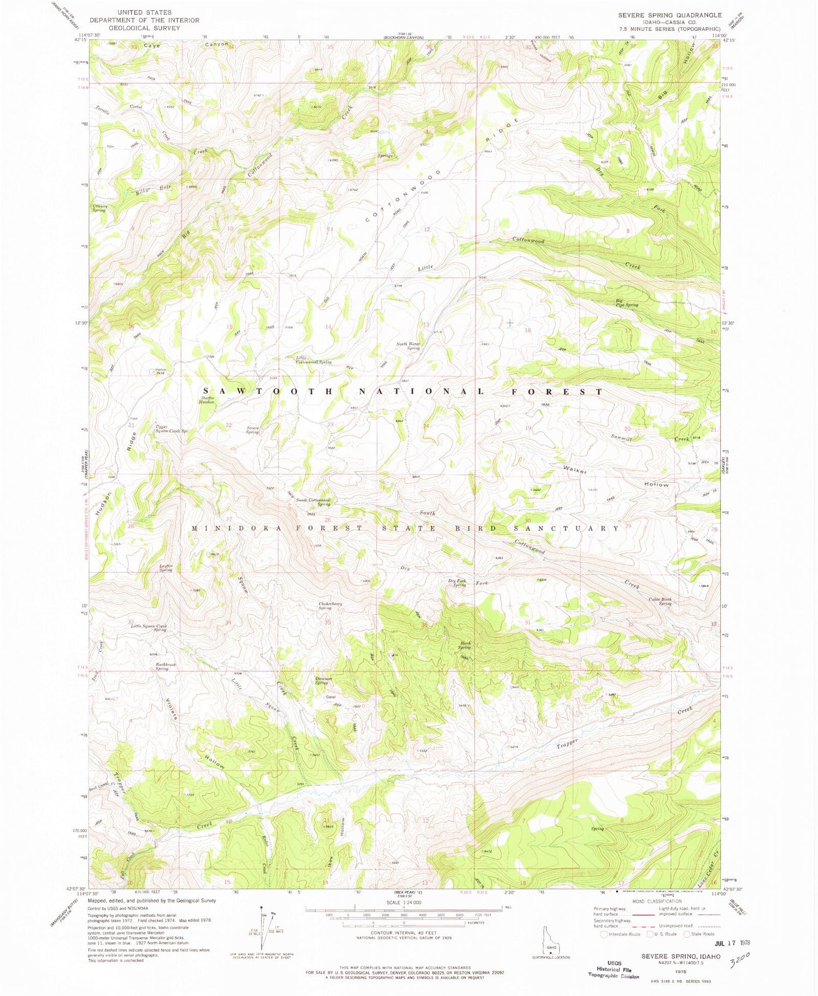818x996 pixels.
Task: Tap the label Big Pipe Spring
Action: click(627, 303)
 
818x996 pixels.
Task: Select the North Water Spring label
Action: click(408, 346)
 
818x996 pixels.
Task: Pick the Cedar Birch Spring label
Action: click(659, 602)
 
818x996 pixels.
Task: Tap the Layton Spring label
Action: click(166, 568)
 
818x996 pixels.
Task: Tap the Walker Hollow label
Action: click(617, 477)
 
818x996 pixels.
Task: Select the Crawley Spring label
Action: click(100, 208)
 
